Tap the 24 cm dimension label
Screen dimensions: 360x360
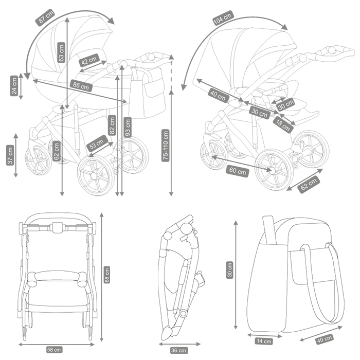[x=14, y=86]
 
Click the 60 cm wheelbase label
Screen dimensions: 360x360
[x=237, y=170]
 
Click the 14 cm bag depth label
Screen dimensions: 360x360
[x=264, y=341]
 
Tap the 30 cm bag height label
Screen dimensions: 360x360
[x=230, y=270]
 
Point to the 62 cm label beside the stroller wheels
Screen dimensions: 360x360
[x=309, y=183]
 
